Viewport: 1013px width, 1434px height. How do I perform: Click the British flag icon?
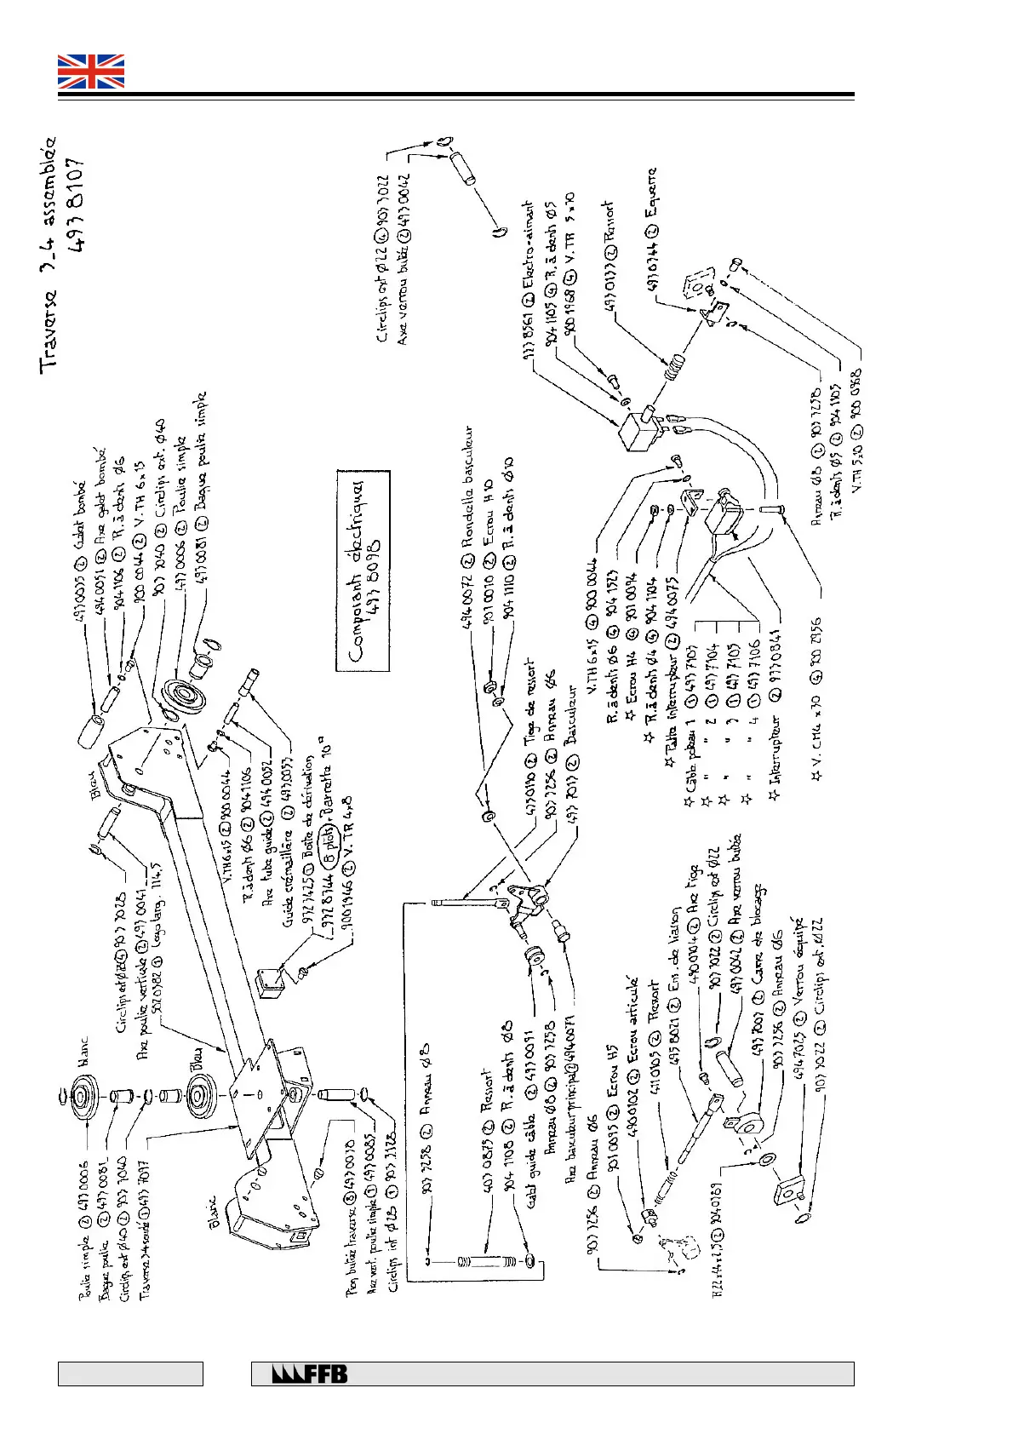click(91, 72)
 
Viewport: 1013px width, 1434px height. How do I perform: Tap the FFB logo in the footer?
click(310, 1374)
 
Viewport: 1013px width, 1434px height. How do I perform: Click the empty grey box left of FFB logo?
click(130, 1374)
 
